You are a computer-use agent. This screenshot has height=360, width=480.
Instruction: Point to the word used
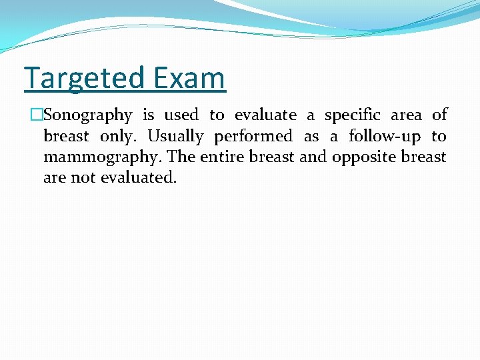click(x=181, y=115)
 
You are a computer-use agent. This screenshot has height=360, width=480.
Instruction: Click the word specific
click(x=353, y=115)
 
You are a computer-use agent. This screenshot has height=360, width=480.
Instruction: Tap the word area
click(x=406, y=115)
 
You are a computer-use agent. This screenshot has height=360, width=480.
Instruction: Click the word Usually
click(x=175, y=137)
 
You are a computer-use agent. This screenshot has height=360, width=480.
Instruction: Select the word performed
click(x=253, y=137)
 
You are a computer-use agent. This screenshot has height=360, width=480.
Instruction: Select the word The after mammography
click(x=182, y=157)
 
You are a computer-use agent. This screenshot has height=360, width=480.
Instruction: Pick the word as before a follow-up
click(x=311, y=137)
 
